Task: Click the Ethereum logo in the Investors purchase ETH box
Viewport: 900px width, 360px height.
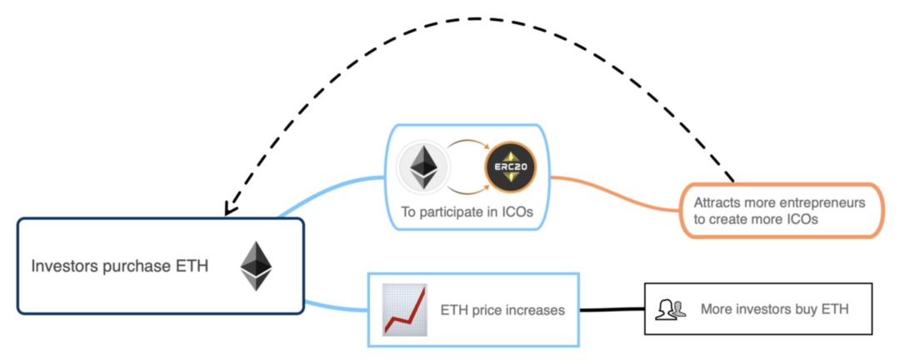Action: tap(256, 266)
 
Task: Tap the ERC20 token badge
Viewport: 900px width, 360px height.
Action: tap(510, 167)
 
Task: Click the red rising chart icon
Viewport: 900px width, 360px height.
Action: tap(405, 310)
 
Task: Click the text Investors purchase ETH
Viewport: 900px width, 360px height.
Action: tap(119, 267)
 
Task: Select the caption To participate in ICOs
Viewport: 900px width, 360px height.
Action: tap(467, 212)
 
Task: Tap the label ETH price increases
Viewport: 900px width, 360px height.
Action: tap(502, 310)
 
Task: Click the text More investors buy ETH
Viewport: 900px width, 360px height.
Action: tap(774, 309)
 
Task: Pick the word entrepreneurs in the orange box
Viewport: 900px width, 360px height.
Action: tap(823, 203)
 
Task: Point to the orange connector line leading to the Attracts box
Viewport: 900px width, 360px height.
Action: tap(615, 193)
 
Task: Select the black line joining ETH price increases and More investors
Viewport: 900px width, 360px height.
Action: tap(612, 309)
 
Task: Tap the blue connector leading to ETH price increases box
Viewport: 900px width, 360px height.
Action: tap(335, 306)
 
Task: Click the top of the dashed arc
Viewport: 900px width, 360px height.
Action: tap(475, 19)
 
